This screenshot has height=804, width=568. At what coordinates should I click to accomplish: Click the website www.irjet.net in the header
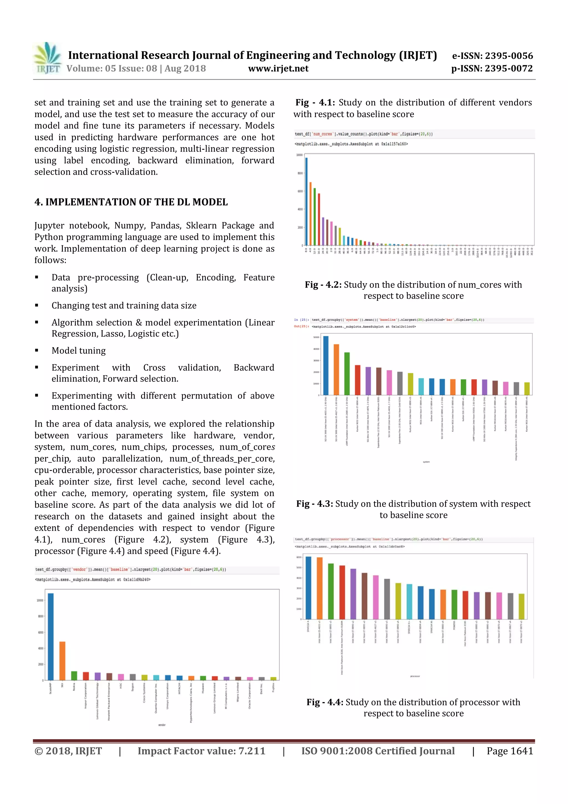pyautogui.click(x=278, y=69)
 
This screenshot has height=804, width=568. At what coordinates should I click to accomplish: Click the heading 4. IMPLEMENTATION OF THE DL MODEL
pyautogui.click(x=131, y=202)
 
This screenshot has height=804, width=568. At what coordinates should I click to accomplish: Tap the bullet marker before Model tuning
pyautogui.click(x=37, y=351)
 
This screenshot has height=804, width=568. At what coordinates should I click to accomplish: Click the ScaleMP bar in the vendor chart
pyautogui.click(x=51, y=636)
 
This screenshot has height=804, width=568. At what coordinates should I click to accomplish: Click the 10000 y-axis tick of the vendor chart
pyautogui.click(x=40, y=600)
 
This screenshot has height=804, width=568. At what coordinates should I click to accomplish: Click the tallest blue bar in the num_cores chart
pyautogui.click(x=306, y=201)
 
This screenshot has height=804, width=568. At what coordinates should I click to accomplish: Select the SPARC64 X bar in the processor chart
pyautogui.click(x=308, y=588)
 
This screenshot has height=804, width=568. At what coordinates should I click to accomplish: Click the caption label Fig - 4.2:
pyautogui.click(x=323, y=285)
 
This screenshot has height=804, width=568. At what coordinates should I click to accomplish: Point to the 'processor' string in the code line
pyautogui.click(x=340, y=539)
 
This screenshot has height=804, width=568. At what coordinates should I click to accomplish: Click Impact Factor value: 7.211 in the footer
pyautogui.click(x=201, y=751)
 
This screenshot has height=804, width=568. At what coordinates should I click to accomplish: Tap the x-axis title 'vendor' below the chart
pyautogui.click(x=162, y=725)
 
